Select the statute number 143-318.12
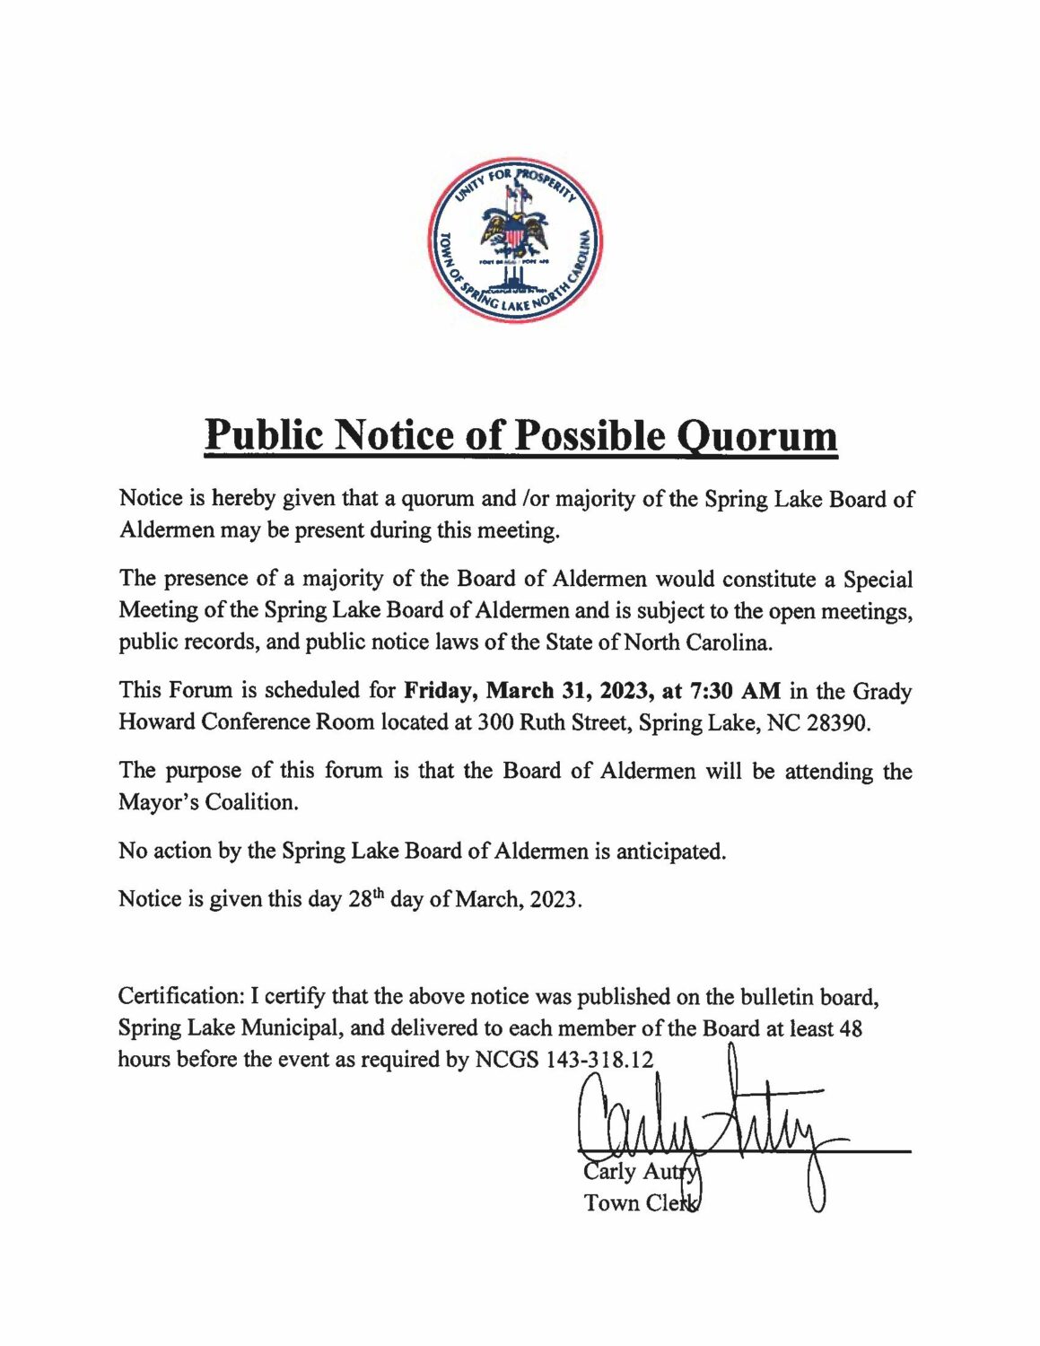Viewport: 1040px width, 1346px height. pos(599,1060)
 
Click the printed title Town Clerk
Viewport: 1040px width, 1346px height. pos(640,1202)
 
